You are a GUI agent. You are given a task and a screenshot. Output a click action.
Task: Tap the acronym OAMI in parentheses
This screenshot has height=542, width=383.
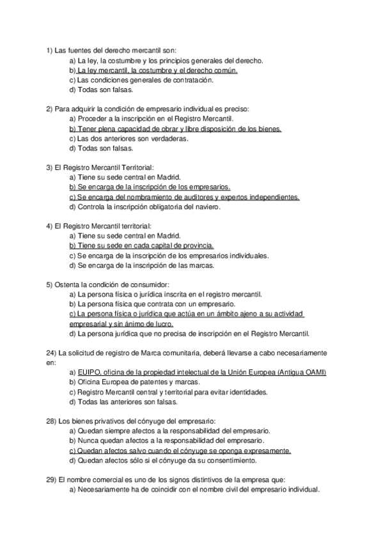(x=315, y=372)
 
